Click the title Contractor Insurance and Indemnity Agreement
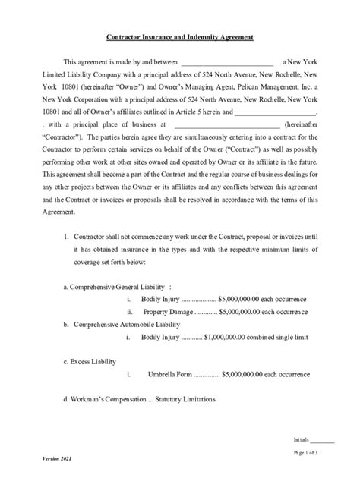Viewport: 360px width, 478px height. pyautogui.click(x=179, y=37)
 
